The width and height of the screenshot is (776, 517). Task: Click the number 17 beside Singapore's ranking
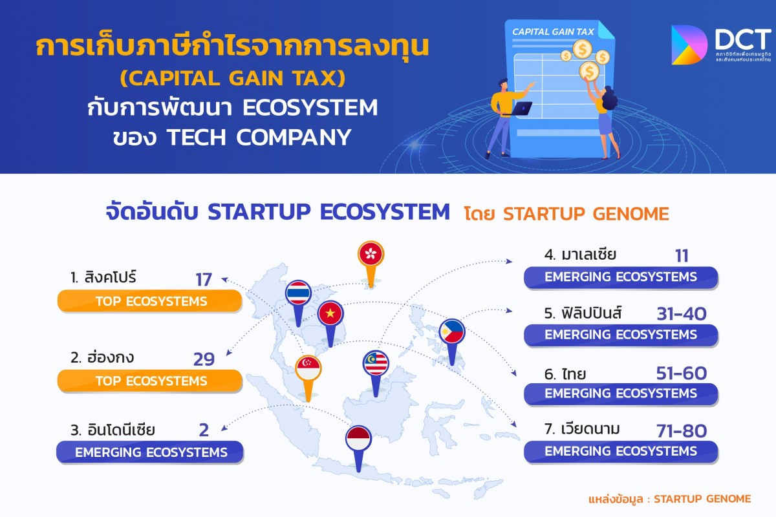(204, 280)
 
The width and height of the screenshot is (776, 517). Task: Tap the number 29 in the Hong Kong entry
(204, 359)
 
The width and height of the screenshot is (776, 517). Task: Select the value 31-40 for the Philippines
(682, 314)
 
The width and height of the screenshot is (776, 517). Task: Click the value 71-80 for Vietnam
(682, 431)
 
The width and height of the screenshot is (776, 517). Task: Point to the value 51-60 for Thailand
(682, 374)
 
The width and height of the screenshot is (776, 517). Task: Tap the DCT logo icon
(688, 45)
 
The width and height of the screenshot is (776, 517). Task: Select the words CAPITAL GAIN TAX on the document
(553, 32)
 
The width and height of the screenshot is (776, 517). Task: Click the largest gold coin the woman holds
(589, 71)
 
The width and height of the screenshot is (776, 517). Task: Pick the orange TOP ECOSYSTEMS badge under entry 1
(149, 301)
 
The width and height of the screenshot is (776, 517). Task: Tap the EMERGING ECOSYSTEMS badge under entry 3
(149, 452)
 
